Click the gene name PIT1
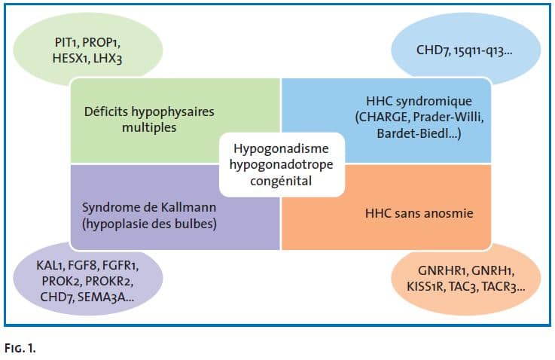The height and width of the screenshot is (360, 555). point(66,42)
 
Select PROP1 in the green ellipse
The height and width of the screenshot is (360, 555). point(100,42)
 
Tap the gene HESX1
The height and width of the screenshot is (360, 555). point(70,59)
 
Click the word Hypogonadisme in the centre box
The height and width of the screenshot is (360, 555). point(281,148)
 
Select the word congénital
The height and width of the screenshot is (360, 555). point(281,181)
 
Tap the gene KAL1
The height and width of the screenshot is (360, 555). point(49,266)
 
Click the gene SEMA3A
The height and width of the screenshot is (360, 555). point(101,297)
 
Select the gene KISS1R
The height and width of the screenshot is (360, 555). point(425,286)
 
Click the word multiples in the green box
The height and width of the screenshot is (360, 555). point(149,127)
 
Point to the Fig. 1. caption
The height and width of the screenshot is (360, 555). point(20,349)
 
